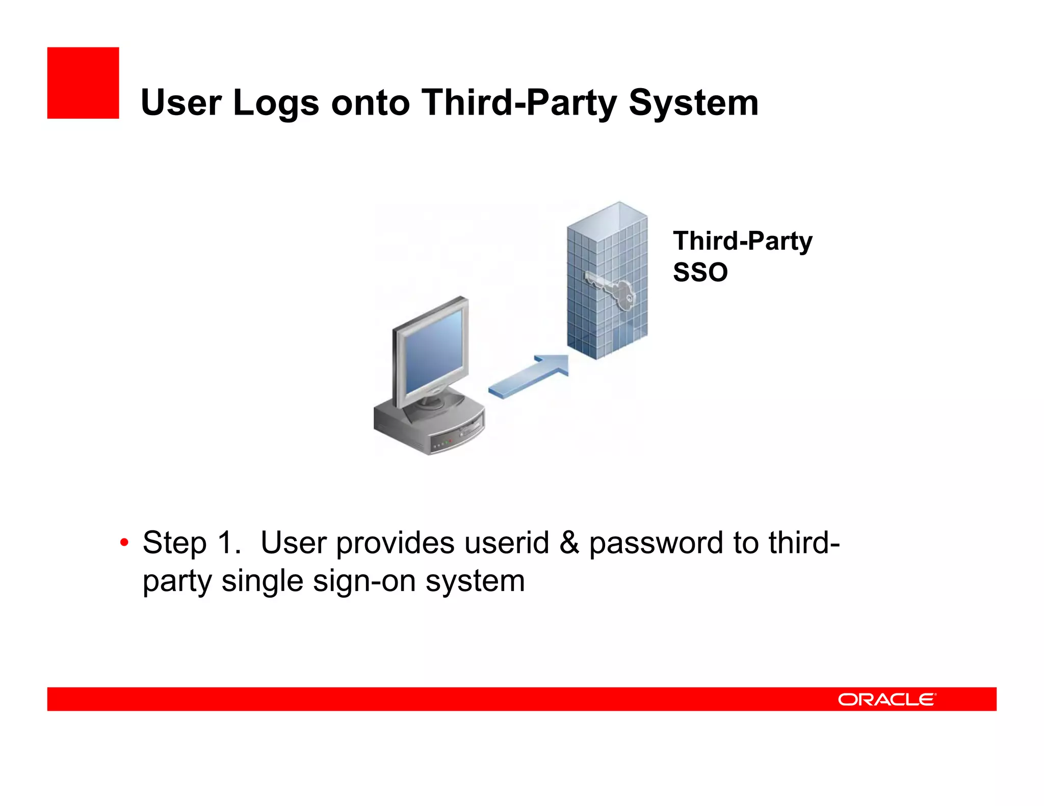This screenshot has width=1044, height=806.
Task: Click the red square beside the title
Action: pyautogui.click(x=83, y=83)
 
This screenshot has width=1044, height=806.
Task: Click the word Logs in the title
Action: pyautogui.click(x=276, y=103)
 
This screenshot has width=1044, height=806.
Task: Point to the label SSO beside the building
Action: pyautogui.click(x=700, y=272)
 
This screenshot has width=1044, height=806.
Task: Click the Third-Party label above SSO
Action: pyautogui.click(x=742, y=241)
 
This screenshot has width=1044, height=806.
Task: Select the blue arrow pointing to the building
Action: pyautogui.click(x=530, y=376)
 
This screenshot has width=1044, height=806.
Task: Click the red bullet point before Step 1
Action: pyautogui.click(x=124, y=543)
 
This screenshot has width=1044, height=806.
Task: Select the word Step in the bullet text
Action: pyautogui.click(x=174, y=543)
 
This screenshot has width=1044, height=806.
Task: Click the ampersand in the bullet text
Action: pyautogui.click(x=569, y=543)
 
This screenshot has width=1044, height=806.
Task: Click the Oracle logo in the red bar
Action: pyautogui.click(x=886, y=700)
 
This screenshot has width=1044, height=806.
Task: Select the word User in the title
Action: pyautogui.click(x=181, y=103)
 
